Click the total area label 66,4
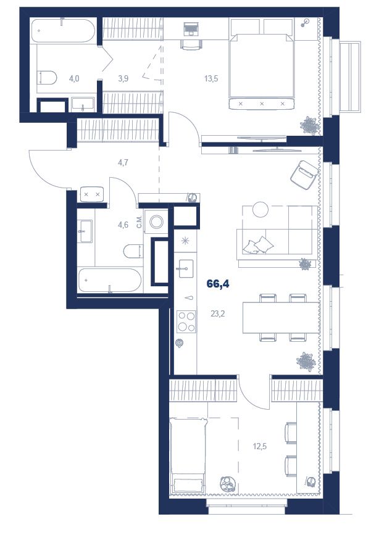(218, 284)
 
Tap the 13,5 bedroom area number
(211, 78)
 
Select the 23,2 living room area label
(218, 313)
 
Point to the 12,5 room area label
(260, 446)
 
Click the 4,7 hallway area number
(123, 162)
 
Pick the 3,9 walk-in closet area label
(123, 78)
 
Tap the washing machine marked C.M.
(156, 221)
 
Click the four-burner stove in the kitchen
(186, 321)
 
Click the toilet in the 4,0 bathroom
(47, 78)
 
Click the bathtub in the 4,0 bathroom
(63, 30)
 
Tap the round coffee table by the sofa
(260, 209)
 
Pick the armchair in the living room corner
(304, 175)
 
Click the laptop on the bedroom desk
(190, 28)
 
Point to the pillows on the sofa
(259, 245)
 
